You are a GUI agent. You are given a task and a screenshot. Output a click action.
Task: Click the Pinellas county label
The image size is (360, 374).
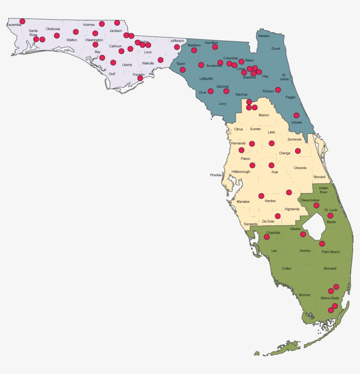(216, 175)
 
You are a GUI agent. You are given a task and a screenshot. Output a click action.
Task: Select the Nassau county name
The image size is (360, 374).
(263, 36)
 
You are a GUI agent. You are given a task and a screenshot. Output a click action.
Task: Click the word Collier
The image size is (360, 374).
(286, 268)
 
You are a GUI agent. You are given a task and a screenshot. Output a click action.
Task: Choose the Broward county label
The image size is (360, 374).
(330, 268)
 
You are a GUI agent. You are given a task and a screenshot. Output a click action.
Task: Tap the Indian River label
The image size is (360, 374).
(323, 190)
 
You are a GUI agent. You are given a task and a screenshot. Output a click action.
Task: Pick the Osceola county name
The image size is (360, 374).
(300, 168)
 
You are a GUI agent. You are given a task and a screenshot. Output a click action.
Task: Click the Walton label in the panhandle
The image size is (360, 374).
(71, 40)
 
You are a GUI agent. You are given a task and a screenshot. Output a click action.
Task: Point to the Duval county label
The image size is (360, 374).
(275, 49)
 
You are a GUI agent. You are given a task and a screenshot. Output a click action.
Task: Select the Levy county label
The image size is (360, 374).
(222, 104)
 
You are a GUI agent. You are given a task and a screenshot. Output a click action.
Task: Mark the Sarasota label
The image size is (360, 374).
(251, 224)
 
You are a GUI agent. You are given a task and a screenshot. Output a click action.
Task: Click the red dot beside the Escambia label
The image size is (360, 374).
(22, 21)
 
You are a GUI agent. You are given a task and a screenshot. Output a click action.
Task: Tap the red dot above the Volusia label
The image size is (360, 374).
(296, 115)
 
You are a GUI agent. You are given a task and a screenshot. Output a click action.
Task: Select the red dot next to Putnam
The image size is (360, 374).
(278, 90)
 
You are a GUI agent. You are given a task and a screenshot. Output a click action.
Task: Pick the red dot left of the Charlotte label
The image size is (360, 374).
(266, 237)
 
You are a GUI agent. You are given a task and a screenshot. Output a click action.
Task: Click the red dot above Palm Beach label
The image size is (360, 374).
(322, 244)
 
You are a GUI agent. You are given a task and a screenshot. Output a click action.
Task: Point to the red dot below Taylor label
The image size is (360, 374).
(183, 70)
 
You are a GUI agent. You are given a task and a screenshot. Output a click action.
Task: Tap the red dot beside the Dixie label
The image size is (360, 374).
(211, 91)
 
